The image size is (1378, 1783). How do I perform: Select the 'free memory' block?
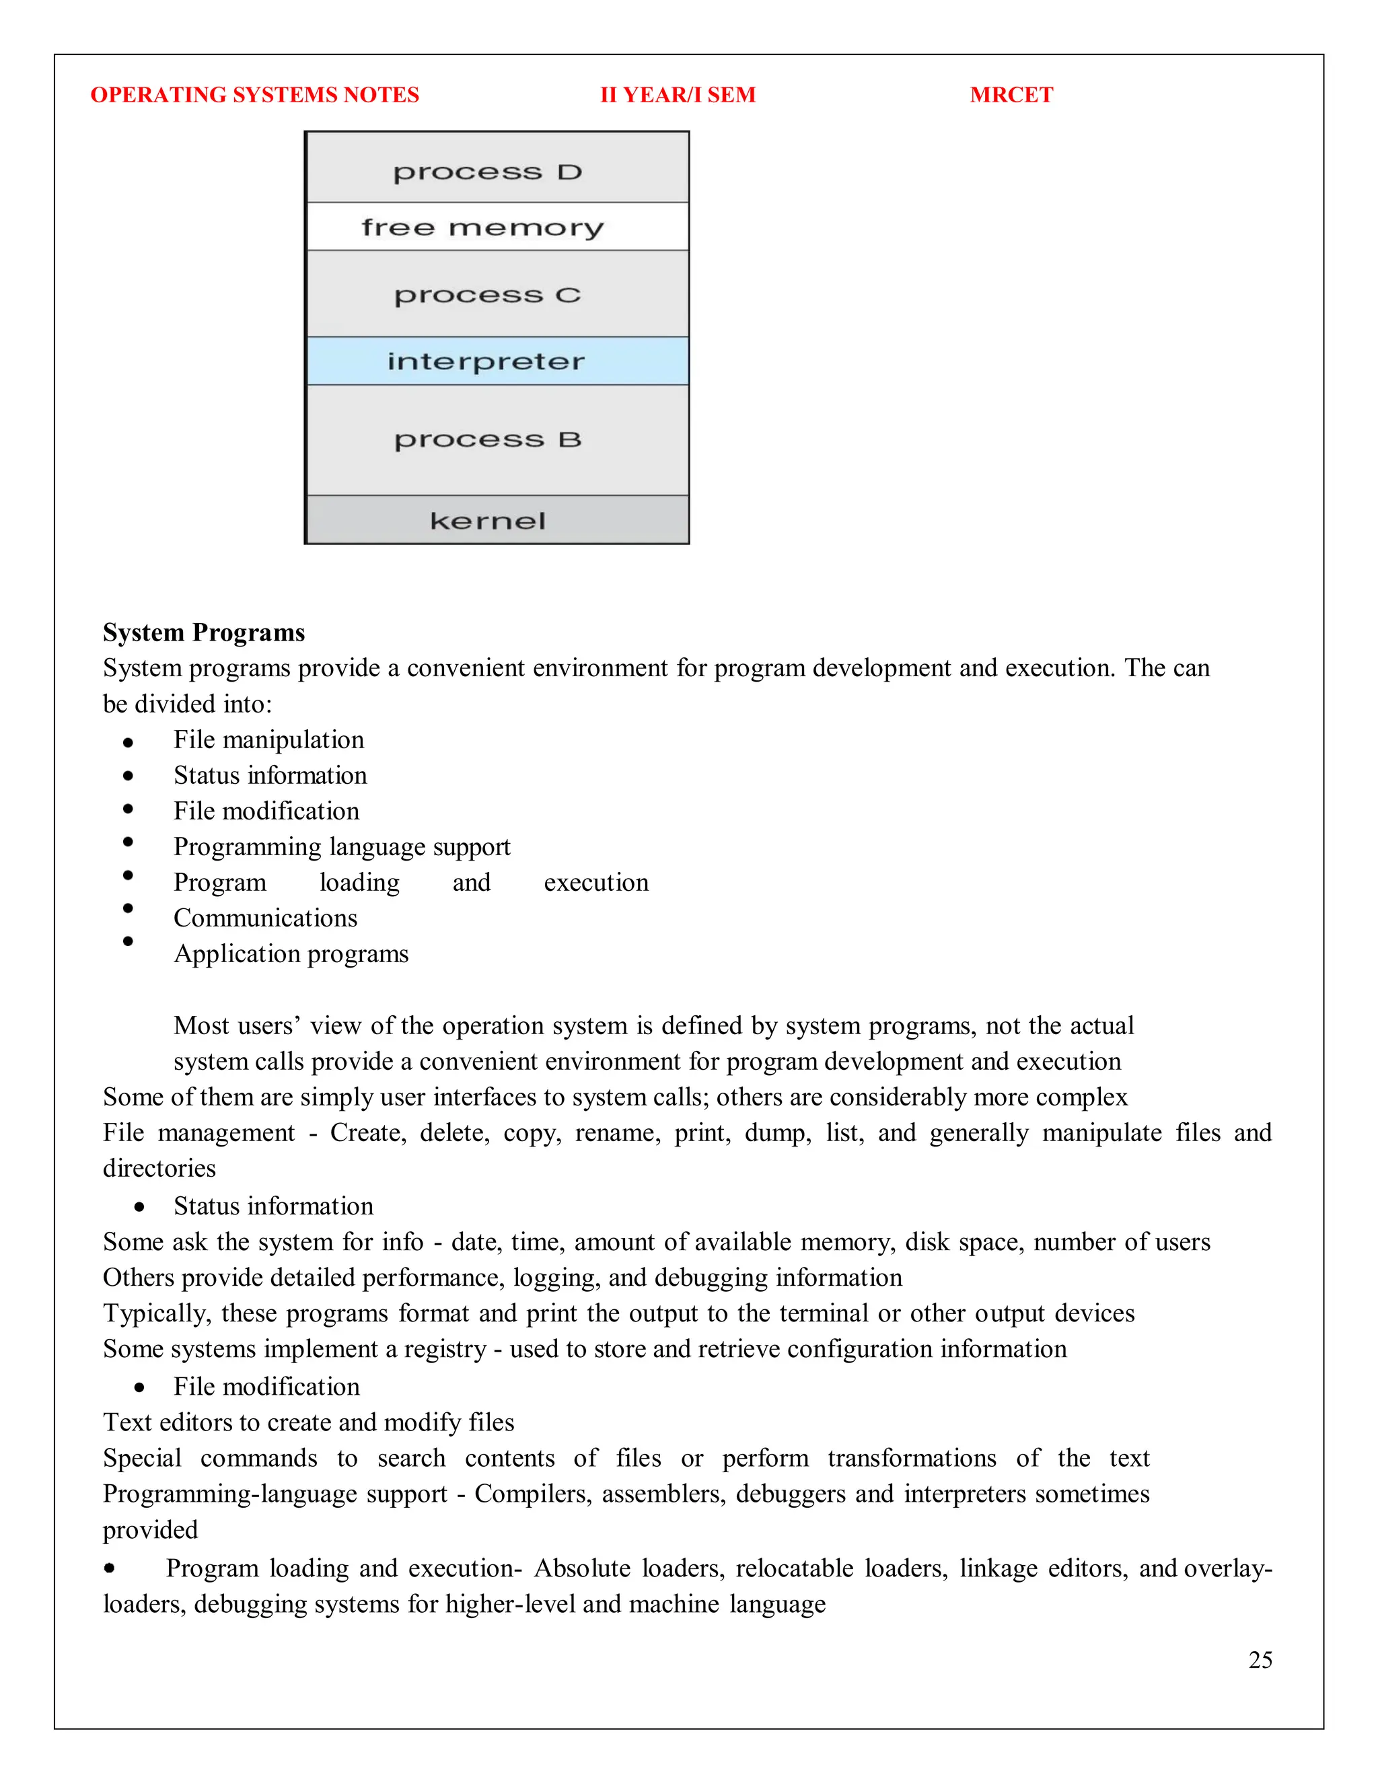[497, 227]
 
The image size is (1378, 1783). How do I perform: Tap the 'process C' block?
[497, 294]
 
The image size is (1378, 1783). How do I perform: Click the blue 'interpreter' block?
[497, 361]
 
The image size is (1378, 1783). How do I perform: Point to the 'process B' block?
[497, 439]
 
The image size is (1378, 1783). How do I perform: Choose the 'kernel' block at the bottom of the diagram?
[497, 520]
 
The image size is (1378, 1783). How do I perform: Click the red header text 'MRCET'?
[1011, 95]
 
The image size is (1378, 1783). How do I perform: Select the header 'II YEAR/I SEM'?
[678, 95]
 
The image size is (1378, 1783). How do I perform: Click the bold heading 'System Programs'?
[203, 632]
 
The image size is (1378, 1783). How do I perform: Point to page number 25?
[1260, 1660]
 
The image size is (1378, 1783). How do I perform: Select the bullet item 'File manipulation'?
[268, 739]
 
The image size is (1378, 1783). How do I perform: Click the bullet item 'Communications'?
[265, 918]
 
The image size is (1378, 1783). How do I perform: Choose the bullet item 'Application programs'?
[291, 953]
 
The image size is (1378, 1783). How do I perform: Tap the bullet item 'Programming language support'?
[341, 846]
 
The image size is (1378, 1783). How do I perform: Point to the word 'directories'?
[159, 1168]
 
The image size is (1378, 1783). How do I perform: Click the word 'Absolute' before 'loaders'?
[581, 1568]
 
